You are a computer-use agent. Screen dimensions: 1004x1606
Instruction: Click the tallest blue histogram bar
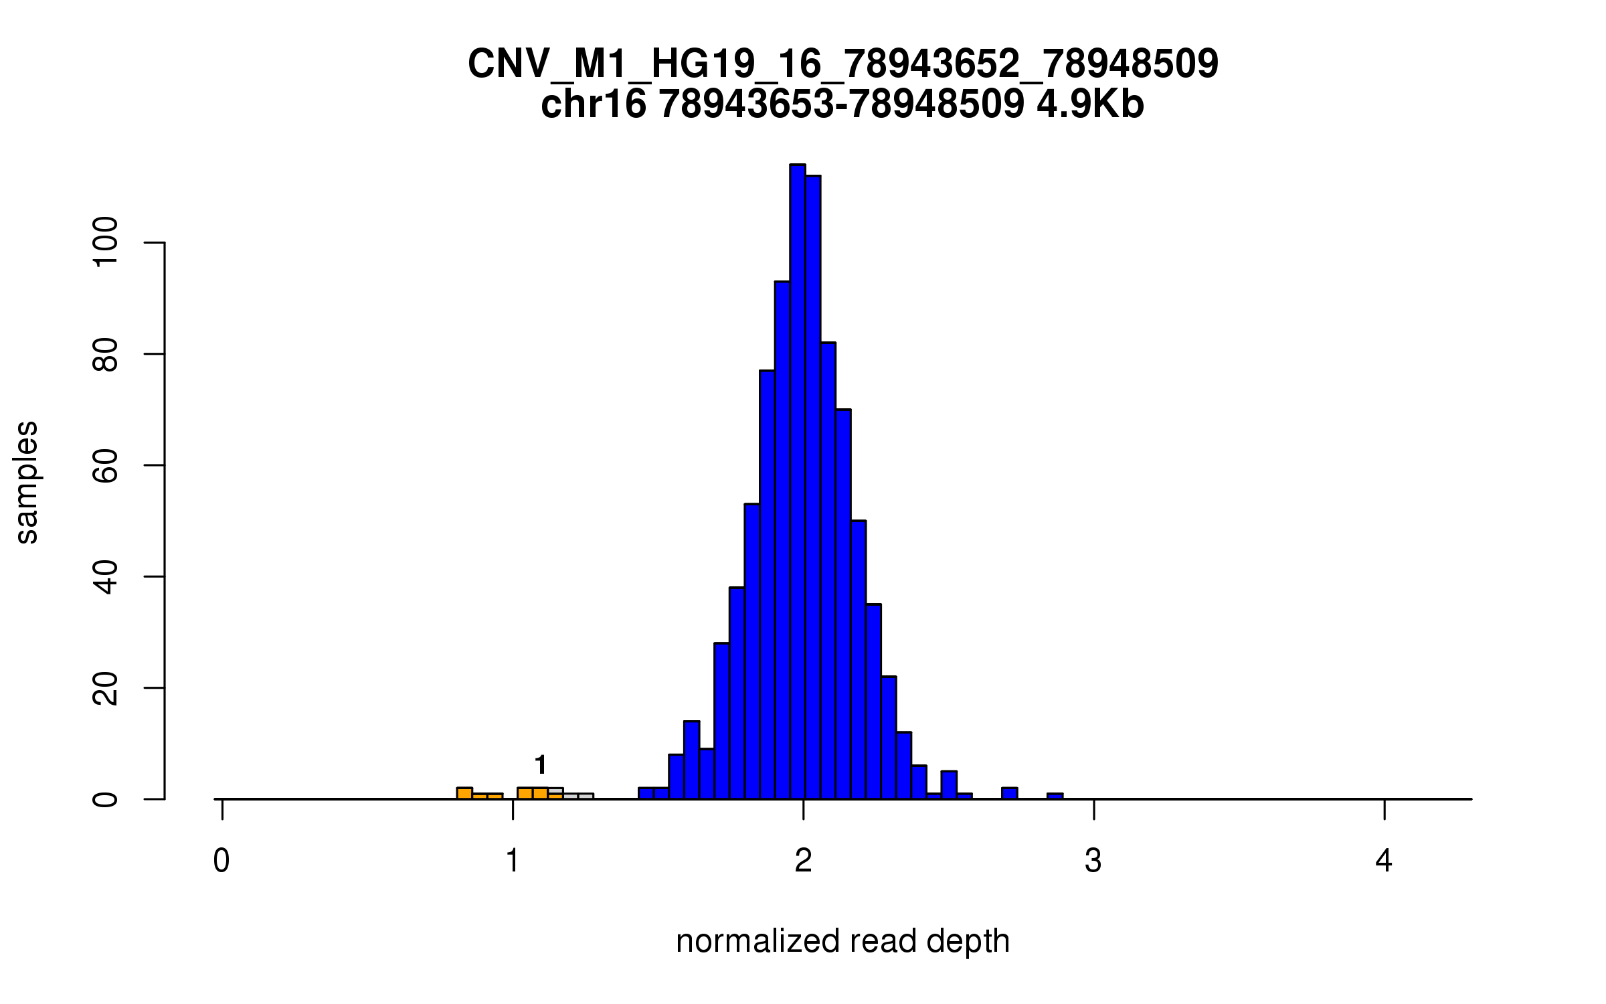[797, 482]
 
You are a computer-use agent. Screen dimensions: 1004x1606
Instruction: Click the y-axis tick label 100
[106, 242]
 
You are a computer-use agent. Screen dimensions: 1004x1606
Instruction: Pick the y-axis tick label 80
[106, 354]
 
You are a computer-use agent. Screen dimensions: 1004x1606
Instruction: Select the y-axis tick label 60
[106, 465]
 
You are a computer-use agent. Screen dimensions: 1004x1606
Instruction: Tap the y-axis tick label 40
[106, 577]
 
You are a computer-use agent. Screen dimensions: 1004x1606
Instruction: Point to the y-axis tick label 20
[106, 688]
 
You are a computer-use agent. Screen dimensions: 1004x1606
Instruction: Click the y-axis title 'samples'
[27, 483]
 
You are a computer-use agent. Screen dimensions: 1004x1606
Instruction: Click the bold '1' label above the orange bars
[541, 764]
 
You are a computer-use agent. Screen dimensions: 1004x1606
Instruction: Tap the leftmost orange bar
[464, 794]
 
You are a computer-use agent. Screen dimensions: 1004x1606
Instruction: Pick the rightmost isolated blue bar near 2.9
[1055, 797]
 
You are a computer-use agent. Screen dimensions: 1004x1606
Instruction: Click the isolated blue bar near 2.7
[1010, 794]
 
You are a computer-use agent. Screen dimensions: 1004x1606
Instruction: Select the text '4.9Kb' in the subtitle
[1090, 105]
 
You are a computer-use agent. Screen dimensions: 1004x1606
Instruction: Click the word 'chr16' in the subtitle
[594, 105]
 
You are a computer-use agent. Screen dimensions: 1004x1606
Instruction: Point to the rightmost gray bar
[586, 797]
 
